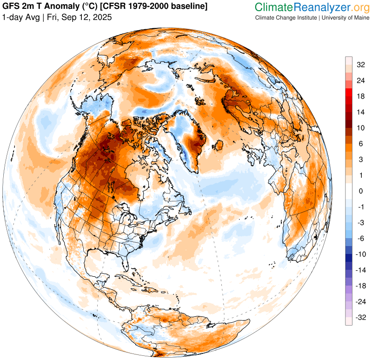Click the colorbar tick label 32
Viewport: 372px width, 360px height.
[x=360, y=65]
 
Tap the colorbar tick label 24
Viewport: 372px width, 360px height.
[x=360, y=80]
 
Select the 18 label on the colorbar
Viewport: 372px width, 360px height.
[x=360, y=96]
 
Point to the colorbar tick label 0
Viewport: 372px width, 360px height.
[x=360, y=191]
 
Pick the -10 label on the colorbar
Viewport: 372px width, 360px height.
[x=360, y=254]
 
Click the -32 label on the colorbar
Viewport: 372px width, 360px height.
[x=360, y=317]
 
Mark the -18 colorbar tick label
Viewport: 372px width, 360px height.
[x=360, y=286]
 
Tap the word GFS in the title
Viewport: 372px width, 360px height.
[x=12, y=7]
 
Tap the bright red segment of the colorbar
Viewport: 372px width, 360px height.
[x=348, y=96]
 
